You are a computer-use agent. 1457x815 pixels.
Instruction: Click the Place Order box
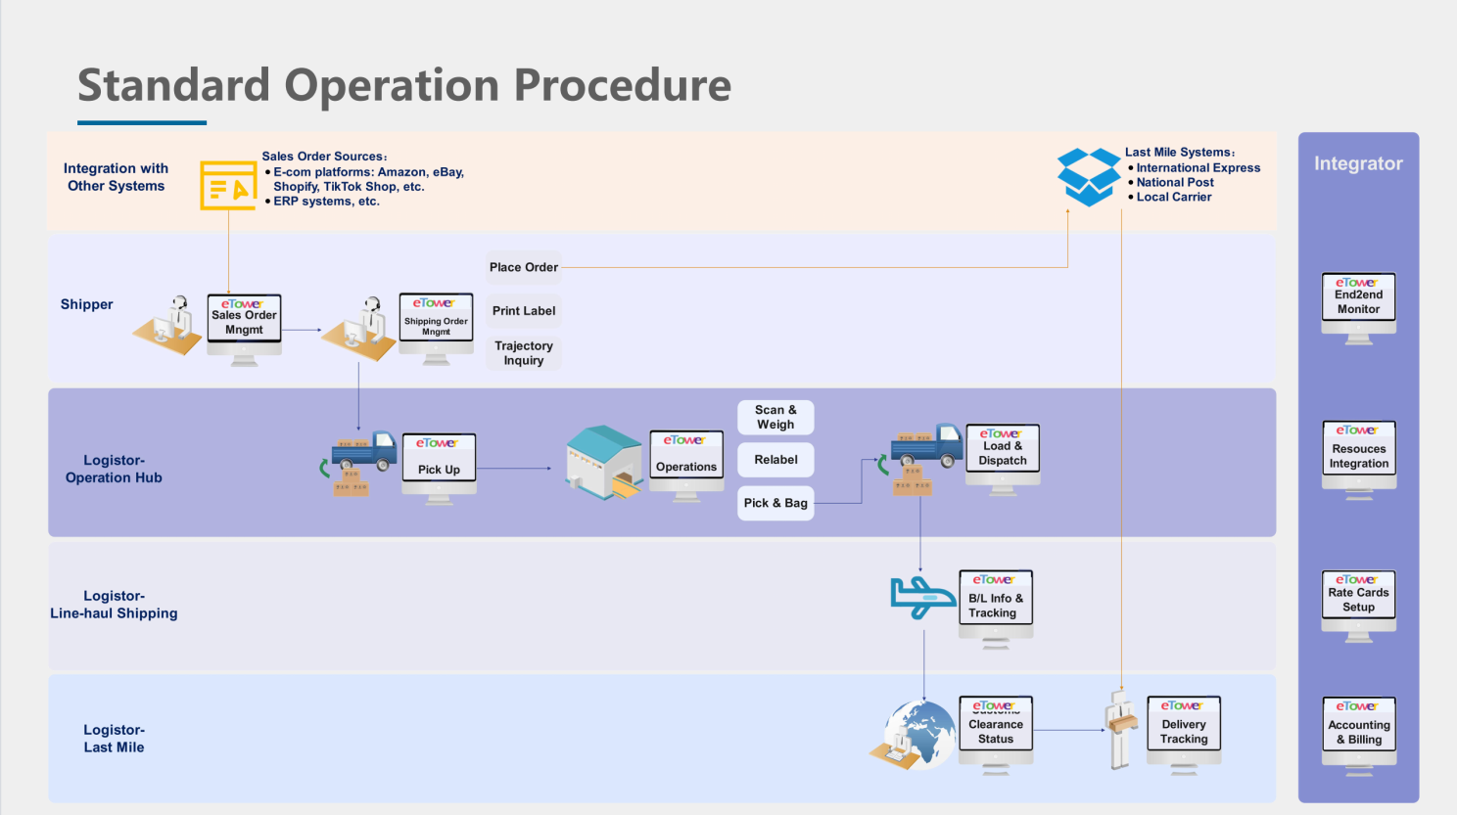524,267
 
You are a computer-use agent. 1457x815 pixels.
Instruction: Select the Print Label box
524,311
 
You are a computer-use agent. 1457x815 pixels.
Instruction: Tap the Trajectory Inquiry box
524,353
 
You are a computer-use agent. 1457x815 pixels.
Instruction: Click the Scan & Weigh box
775,417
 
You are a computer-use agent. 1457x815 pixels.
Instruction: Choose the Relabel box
775,460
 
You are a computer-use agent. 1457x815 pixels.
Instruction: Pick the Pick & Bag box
775,503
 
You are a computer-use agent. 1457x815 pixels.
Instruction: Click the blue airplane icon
921,597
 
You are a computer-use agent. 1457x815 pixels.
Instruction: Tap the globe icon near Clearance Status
918,734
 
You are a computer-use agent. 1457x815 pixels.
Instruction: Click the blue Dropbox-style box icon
1088,177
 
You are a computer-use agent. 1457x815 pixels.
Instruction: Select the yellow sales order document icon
228,185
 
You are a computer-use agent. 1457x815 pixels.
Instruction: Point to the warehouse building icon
604,463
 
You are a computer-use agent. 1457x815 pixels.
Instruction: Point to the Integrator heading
1358,163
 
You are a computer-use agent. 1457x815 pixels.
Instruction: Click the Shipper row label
87,304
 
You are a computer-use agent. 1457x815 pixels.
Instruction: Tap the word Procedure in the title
623,85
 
